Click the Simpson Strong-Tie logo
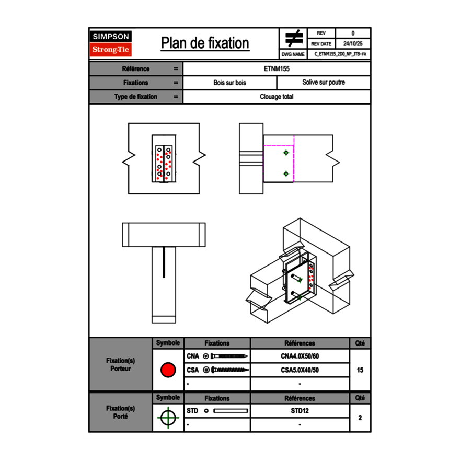tap(111, 43)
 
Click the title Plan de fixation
tap(204, 43)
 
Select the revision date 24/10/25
tap(353, 44)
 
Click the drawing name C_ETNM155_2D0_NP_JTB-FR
tap(340, 54)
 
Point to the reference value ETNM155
tap(277, 68)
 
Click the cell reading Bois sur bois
tap(229, 83)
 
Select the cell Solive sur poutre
tap(323, 83)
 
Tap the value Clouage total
tap(277, 97)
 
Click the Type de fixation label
tap(135, 97)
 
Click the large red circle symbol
tap(168, 370)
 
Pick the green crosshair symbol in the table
tap(168, 418)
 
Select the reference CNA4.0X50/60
tap(300, 356)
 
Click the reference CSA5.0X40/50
tap(300, 370)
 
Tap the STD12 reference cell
tap(300, 411)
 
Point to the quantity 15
tap(360, 370)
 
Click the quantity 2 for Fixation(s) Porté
tap(360, 418)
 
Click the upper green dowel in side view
tap(286, 153)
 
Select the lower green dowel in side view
tap(286, 174)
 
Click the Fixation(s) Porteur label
tap(120, 364)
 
